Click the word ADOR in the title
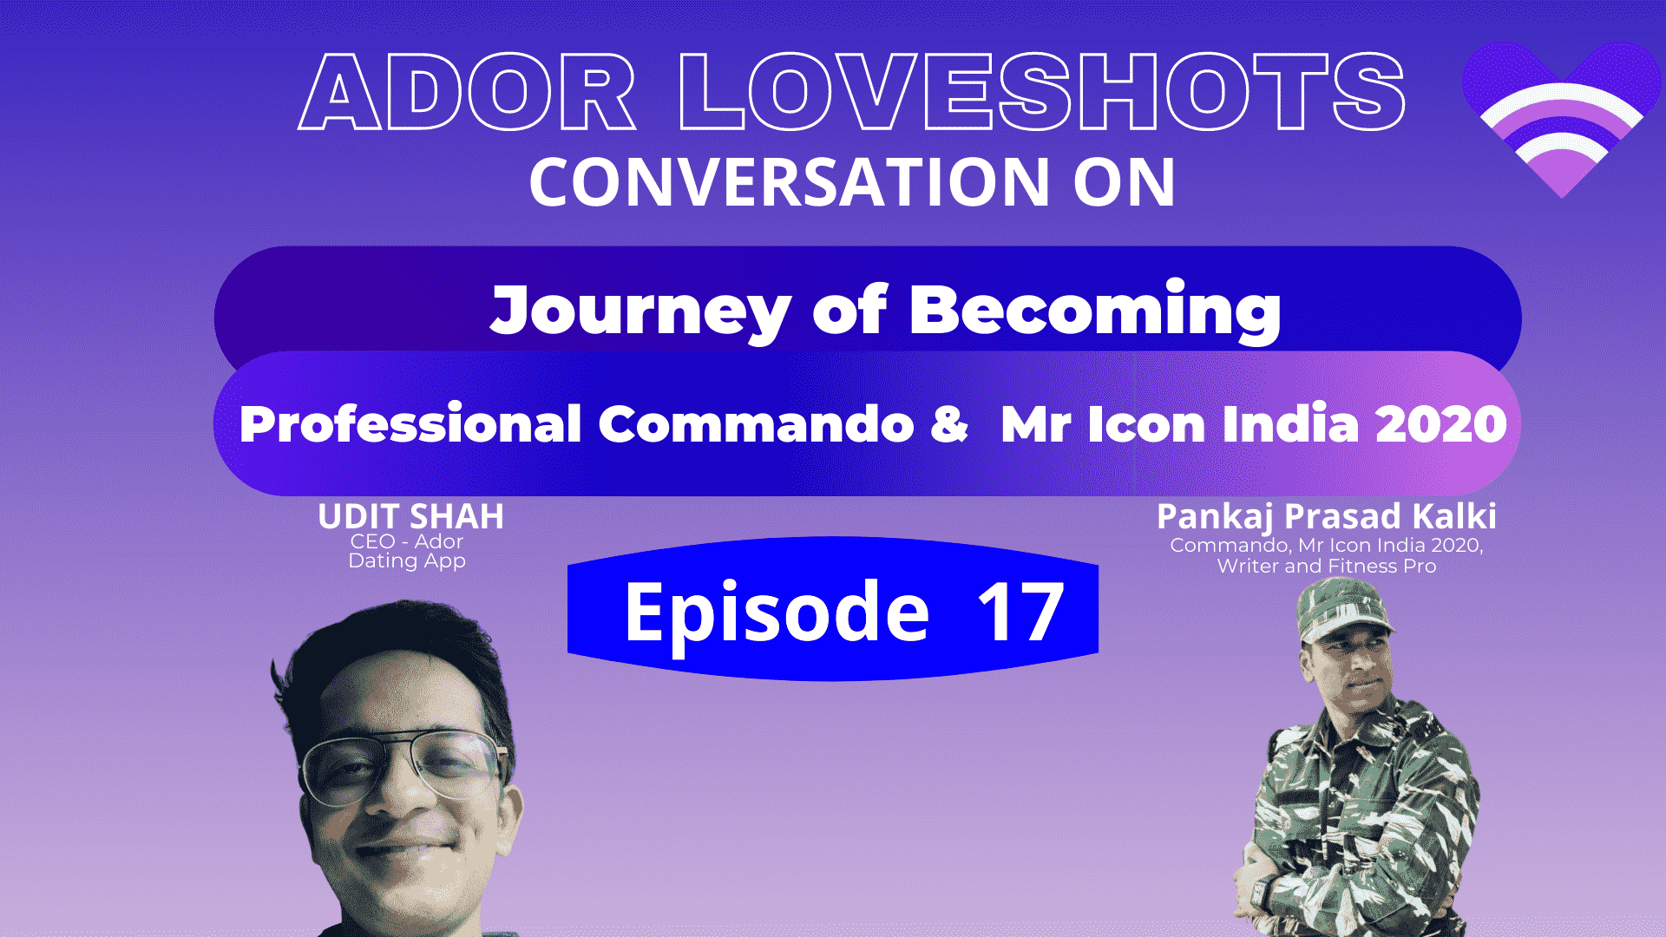467,92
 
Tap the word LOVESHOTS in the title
1041,92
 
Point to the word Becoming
1095,310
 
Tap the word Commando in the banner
756,424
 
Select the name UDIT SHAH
410,516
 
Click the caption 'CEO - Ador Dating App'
407,551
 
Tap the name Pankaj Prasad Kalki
1327,517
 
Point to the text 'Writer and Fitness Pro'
1327,567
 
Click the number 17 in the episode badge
1020,613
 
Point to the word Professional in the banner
410,424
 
